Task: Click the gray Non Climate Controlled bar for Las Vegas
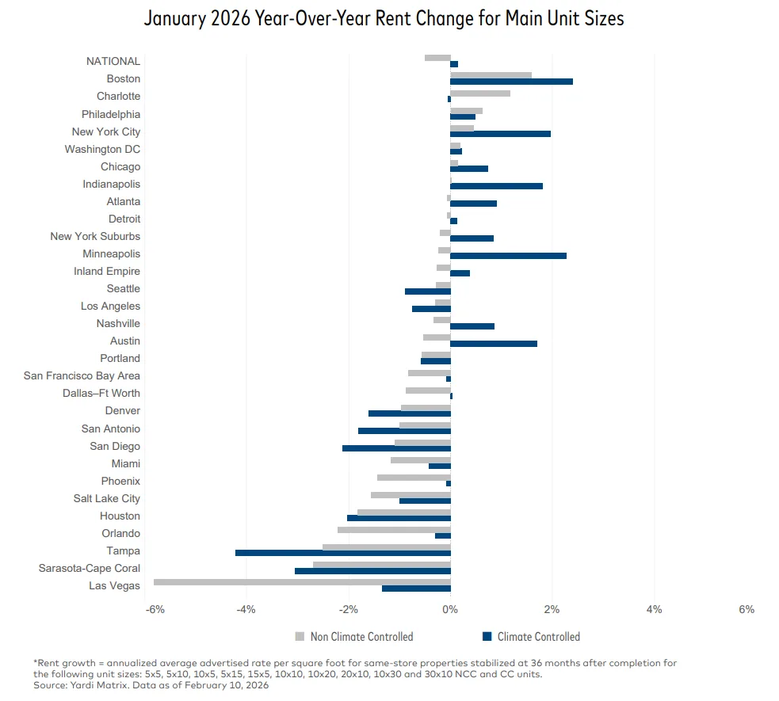pos(302,582)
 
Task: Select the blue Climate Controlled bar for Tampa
pos(342,553)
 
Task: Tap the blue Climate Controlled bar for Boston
pos(511,82)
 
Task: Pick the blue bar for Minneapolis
pos(508,256)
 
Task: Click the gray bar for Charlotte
pos(480,93)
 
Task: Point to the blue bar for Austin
pos(494,344)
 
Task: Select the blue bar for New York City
pos(500,134)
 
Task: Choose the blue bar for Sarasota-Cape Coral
pos(372,571)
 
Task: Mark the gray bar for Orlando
pos(394,530)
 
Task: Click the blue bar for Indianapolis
pos(496,186)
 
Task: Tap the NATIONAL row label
pos(113,61)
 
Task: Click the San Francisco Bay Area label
pos(82,376)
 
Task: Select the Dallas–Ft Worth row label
pos(101,394)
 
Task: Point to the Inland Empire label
pos(107,272)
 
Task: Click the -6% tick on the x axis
pos(155,609)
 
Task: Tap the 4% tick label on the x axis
pos(654,609)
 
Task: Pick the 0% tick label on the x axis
pos(450,609)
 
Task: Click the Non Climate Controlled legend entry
pos(361,637)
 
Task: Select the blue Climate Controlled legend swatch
pos(487,636)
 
